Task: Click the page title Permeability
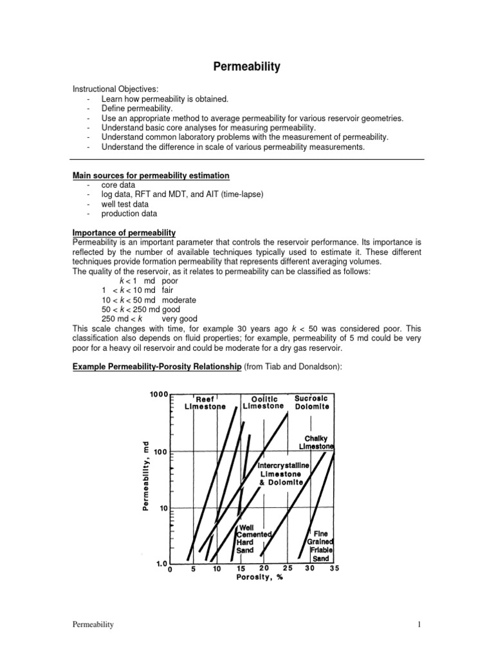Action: tap(247, 66)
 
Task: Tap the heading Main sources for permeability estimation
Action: tap(151, 176)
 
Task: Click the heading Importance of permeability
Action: tap(123, 232)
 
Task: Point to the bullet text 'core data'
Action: tap(118, 185)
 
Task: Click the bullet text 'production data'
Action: tap(129, 213)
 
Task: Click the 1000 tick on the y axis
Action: tap(158, 394)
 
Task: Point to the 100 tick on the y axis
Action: tap(161, 452)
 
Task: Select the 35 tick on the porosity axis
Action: tap(334, 569)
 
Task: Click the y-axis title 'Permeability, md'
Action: tap(146, 476)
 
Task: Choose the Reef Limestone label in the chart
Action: tap(205, 403)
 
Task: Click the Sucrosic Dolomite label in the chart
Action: tap(311, 402)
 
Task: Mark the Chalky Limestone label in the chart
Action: tap(316, 443)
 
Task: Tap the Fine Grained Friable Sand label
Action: tap(320, 546)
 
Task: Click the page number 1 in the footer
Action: tap(419, 624)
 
